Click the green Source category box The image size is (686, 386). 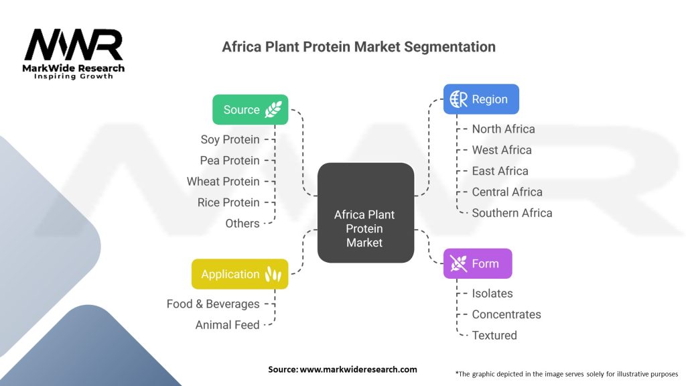tap(251, 110)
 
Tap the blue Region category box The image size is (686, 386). tap(481, 99)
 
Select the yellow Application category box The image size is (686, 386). tap(240, 274)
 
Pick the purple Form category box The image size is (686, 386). tap(478, 263)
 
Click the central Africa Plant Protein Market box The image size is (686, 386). tap(365, 212)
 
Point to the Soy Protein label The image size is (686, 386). tap(230, 139)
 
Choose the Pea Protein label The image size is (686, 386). tap(229, 160)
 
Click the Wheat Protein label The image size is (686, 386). tap(223, 182)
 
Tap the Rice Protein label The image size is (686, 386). tap(228, 202)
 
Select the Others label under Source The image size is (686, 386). tap(243, 223)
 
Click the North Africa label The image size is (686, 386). tap(503, 129)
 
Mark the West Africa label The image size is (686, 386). tap(502, 149)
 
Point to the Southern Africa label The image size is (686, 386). tap(512, 212)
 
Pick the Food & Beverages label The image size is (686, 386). tap(213, 304)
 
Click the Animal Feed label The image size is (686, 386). tap(227, 325)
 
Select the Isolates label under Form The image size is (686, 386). tap(492, 294)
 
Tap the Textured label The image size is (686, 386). tap(494, 335)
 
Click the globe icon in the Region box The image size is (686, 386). tap(459, 99)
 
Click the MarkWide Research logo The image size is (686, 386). tap(74, 53)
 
